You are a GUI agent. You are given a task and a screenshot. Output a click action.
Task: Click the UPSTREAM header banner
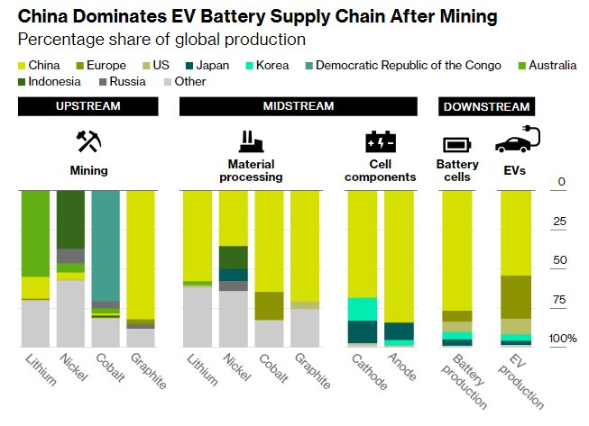click(87, 106)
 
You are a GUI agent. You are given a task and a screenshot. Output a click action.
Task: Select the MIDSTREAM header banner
click(298, 106)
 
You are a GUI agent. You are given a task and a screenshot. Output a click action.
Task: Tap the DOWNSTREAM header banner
click(485, 107)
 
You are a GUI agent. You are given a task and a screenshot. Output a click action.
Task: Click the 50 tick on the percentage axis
click(558, 259)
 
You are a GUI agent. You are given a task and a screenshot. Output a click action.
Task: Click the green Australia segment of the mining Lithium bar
click(35, 233)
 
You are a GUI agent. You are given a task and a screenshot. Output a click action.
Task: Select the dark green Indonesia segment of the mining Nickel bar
click(70, 219)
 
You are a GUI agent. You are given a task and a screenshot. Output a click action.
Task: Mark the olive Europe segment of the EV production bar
click(515, 296)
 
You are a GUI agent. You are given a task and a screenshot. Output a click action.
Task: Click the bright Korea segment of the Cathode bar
click(363, 309)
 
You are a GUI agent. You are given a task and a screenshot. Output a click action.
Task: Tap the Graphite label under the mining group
click(148, 370)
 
